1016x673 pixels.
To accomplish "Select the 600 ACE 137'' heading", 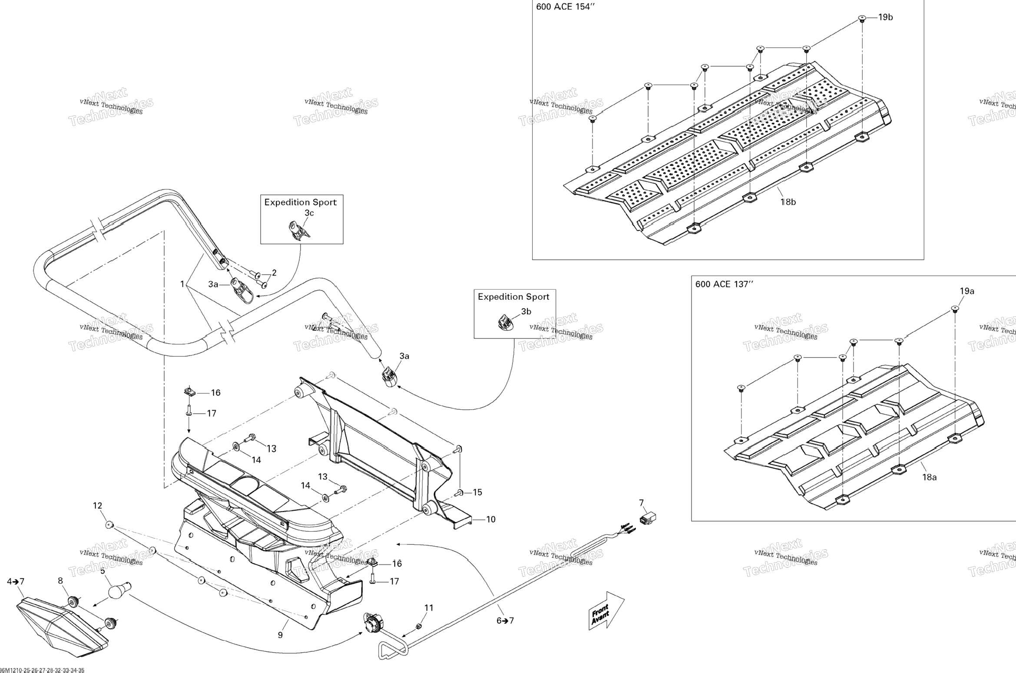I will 724,284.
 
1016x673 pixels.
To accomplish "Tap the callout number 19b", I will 885,17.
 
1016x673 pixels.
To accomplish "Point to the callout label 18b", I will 788,202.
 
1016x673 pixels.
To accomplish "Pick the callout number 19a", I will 967,291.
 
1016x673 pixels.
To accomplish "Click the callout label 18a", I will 929,477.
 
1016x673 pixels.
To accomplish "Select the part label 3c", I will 309,213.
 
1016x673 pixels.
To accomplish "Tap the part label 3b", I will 526,312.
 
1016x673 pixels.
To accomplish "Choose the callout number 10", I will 490,519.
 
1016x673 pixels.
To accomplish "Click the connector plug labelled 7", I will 647,518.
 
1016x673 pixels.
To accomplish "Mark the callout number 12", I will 97,506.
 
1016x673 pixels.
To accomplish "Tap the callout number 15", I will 477,492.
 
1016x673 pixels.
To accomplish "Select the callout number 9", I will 280,635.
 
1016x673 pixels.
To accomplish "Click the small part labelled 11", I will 419,626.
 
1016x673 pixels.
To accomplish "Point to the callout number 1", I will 182,284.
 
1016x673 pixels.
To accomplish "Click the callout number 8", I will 60,580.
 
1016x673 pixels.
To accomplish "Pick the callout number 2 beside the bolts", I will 274,273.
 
